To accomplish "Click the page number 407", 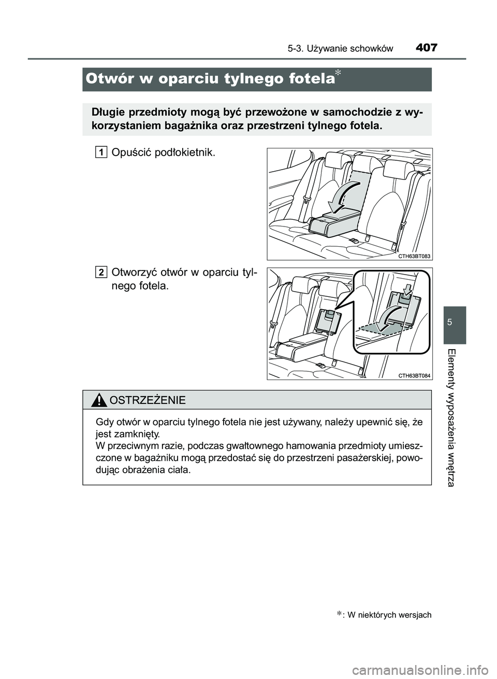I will pos(426,48).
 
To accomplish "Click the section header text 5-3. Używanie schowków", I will pos(340,49).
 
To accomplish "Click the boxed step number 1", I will pos(101,152).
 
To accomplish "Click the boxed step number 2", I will pos(101,272).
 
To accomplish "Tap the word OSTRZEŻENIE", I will pos(147,400).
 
